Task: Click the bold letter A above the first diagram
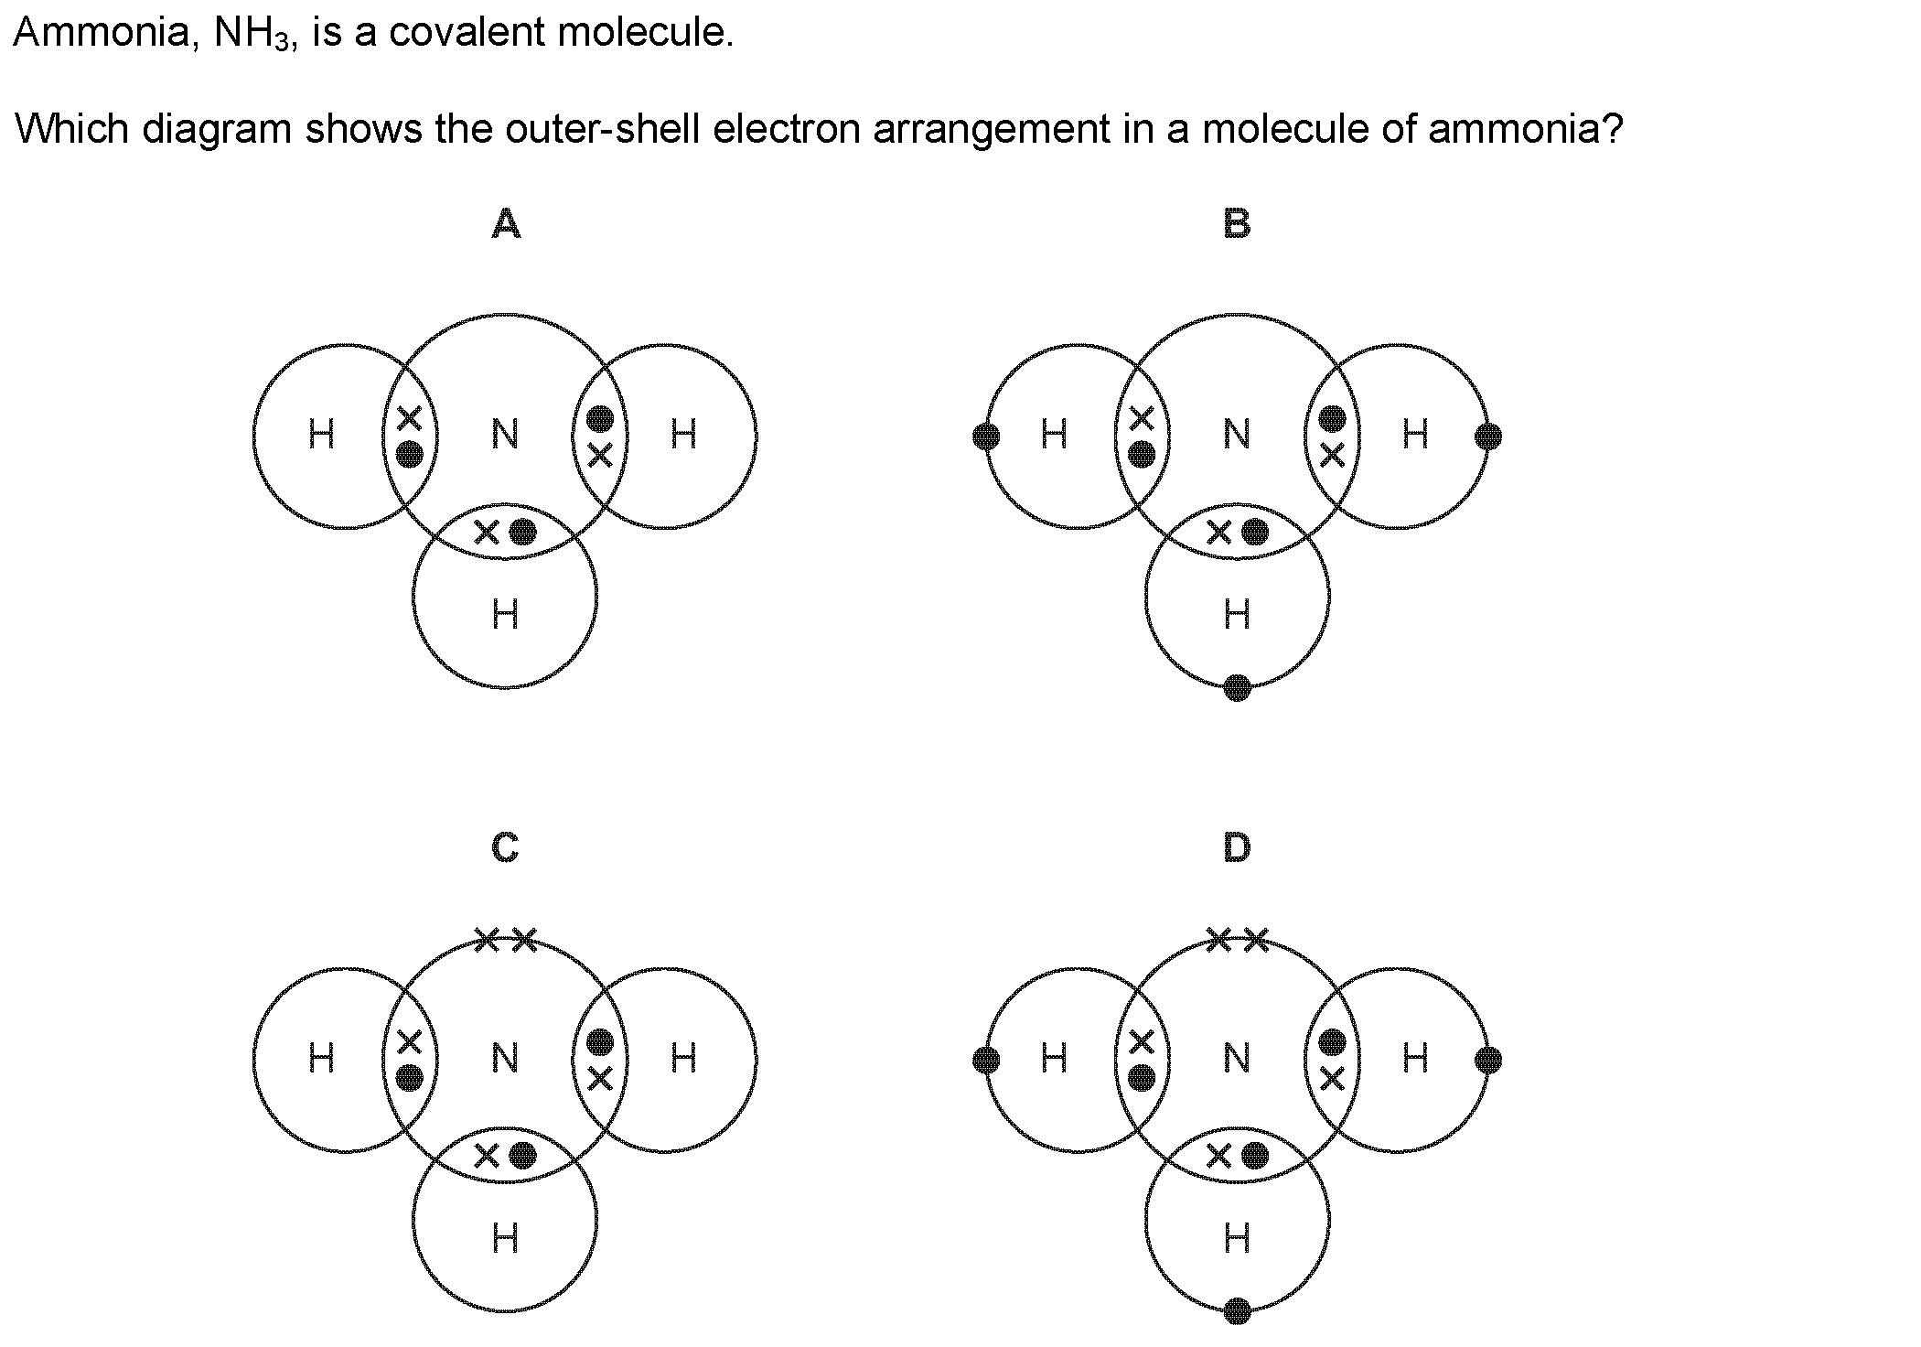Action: (506, 223)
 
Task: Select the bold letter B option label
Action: (1237, 223)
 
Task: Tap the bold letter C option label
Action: (505, 847)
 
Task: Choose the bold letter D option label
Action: (1237, 847)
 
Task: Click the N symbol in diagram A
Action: (505, 434)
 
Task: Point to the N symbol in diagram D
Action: (1237, 1058)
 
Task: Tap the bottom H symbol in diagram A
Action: (505, 614)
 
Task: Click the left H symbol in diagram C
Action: (321, 1058)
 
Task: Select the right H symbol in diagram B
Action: (1415, 434)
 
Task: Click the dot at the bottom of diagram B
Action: (1237, 687)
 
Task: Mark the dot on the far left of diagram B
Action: (986, 436)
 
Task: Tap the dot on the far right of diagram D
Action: (1488, 1061)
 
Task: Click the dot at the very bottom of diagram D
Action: (1237, 1311)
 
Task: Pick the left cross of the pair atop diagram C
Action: (487, 939)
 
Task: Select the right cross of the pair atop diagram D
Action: (1257, 939)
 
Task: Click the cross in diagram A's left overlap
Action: (409, 418)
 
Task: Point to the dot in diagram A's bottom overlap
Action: (522, 532)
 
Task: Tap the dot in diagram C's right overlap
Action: (599, 1042)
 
